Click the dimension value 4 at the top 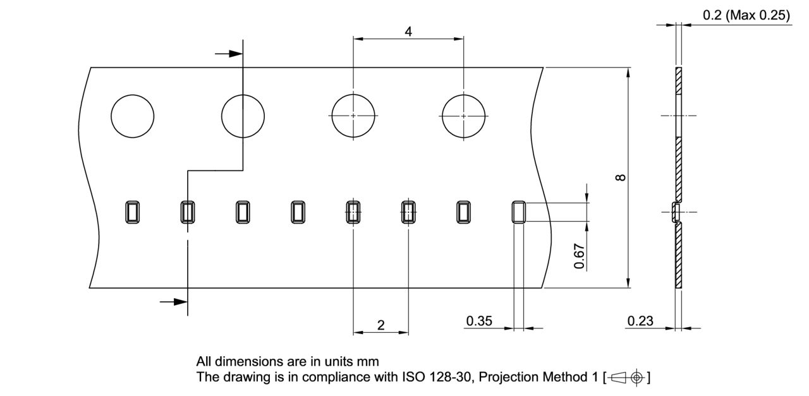[408, 31]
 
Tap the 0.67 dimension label [579, 255]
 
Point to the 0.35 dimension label [479, 321]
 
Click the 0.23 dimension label [640, 321]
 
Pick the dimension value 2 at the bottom [380, 325]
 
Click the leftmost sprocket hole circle [132, 116]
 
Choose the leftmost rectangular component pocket [132, 212]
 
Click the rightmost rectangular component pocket [518, 212]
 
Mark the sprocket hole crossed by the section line [243, 116]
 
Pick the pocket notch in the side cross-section [676, 212]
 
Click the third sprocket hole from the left [353, 116]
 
